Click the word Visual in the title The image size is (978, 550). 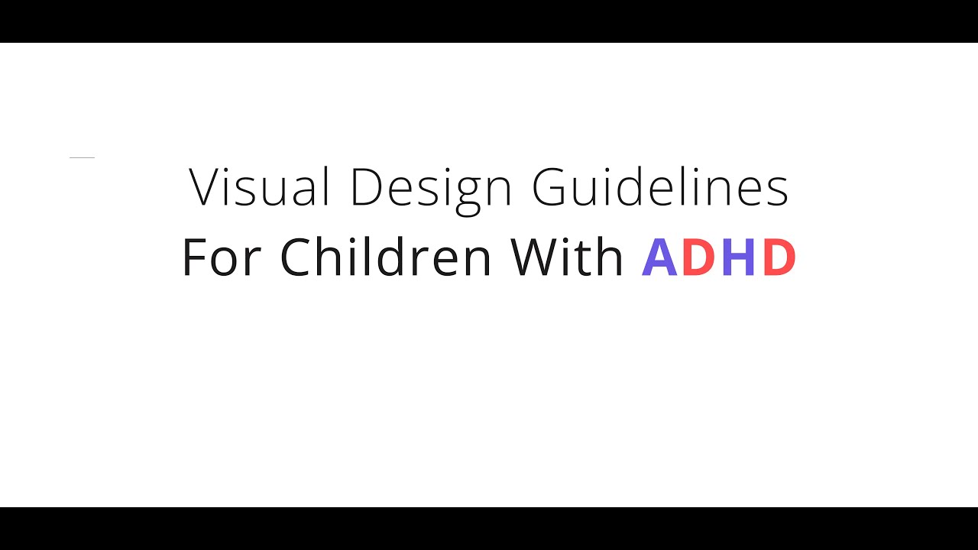coord(260,187)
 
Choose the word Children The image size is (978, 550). coord(386,257)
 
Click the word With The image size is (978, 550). coord(568,257)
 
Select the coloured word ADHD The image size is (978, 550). coord(719,257)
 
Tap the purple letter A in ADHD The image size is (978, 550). coord(659,257)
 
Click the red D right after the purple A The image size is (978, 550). coord(698,257)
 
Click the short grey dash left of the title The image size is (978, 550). coord(82,157)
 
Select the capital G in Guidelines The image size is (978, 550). coord(550,187)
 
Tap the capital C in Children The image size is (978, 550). coord(296,257)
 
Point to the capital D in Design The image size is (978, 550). coord(366,187)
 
